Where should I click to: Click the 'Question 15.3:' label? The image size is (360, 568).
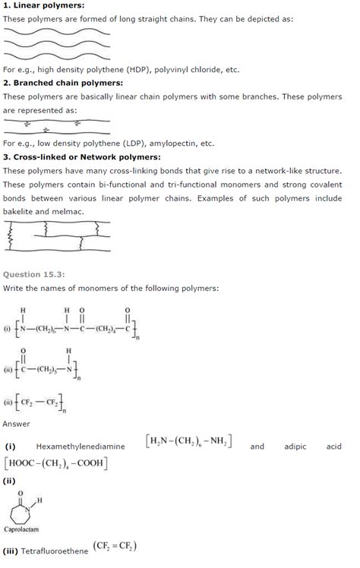(x=33, y=274)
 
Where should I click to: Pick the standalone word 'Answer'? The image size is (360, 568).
(x=17, y=424)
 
